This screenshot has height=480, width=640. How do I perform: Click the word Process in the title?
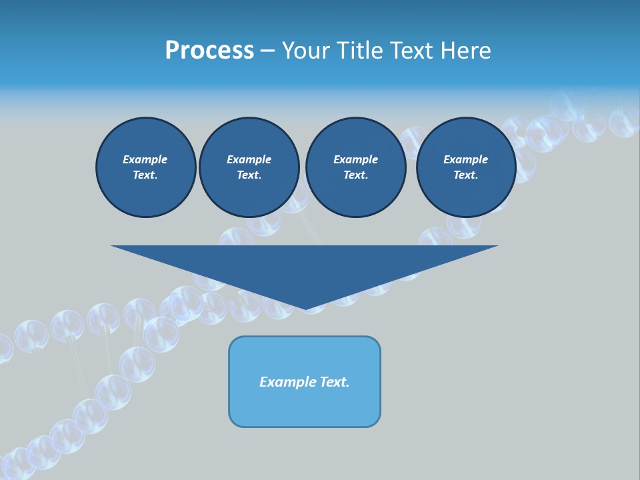tap(209, 51)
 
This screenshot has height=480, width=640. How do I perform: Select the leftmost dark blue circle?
tap(146, 167)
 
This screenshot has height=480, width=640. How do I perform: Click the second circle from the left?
tap(249, 167)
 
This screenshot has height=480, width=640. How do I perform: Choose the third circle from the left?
tap(355, 167)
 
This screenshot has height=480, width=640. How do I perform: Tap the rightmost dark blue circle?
tap(466, 167)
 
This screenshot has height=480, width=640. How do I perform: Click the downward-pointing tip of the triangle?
tap(305, 307)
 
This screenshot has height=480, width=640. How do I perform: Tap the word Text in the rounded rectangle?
tap(336, 382)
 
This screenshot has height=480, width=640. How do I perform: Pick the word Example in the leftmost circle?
tap(145, 159)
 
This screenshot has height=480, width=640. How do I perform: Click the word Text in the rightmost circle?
tap(465, 175)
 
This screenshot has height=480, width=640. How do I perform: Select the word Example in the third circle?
tap(355, 159)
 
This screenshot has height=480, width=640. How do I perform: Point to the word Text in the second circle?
tap(249, 175)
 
